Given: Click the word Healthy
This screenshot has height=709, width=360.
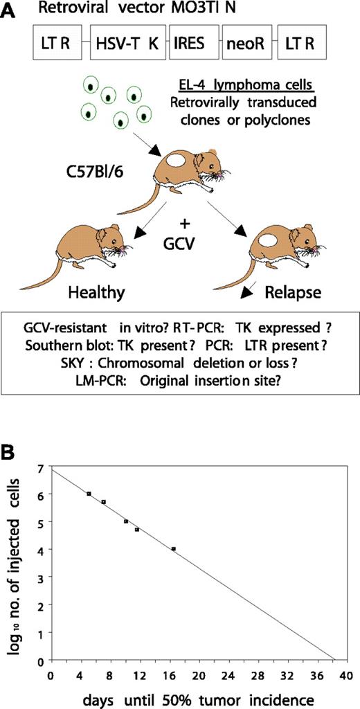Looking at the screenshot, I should click(x=97, y=292).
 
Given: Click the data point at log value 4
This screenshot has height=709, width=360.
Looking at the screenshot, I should click(x=174, y=549).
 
